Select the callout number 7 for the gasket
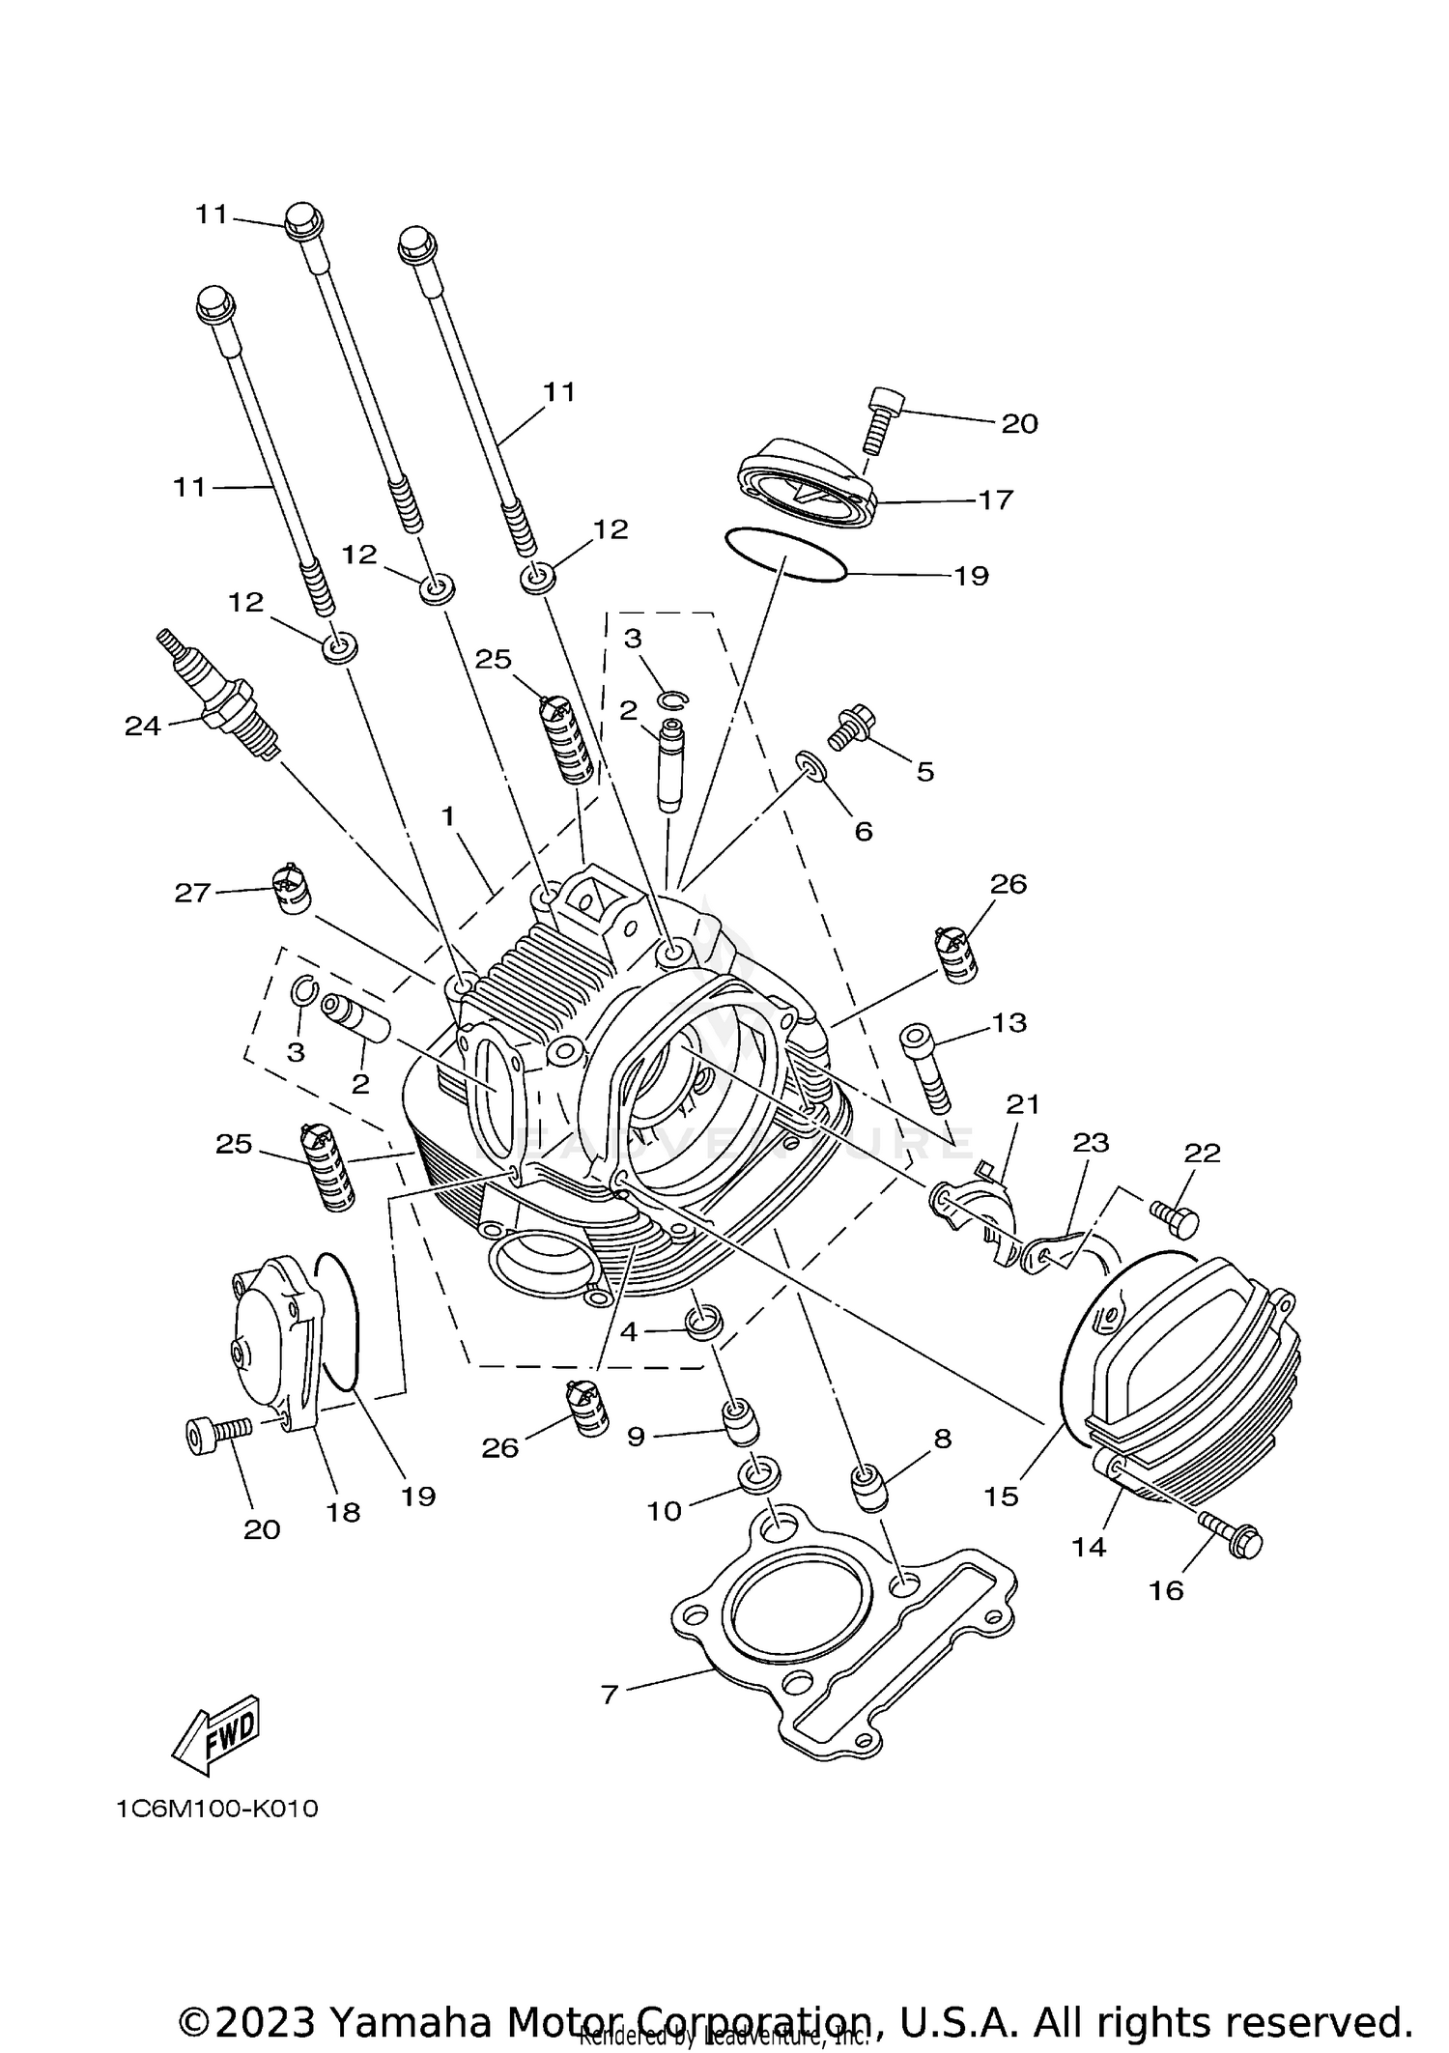coord(609,1695)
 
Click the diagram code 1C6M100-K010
coord(217,1809)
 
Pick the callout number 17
coord(995,499)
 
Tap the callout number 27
coord(192,892)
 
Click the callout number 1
coord(447,816)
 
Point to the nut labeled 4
coord(703,1321)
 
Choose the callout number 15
coord(1001,1497)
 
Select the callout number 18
coord(343,1512)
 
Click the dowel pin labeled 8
coord(868,1489)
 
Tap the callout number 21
coord(1022,1103)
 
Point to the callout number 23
coord(1091,1142)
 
